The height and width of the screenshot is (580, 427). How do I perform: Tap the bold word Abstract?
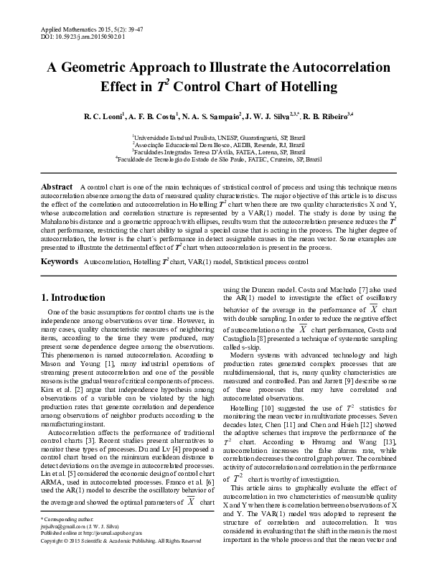57,186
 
